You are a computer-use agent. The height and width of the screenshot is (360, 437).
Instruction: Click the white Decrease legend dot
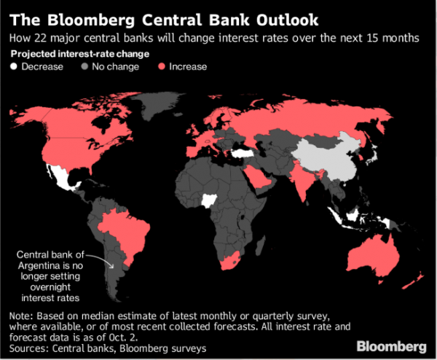15,67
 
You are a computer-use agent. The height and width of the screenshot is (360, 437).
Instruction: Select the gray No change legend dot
85,67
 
